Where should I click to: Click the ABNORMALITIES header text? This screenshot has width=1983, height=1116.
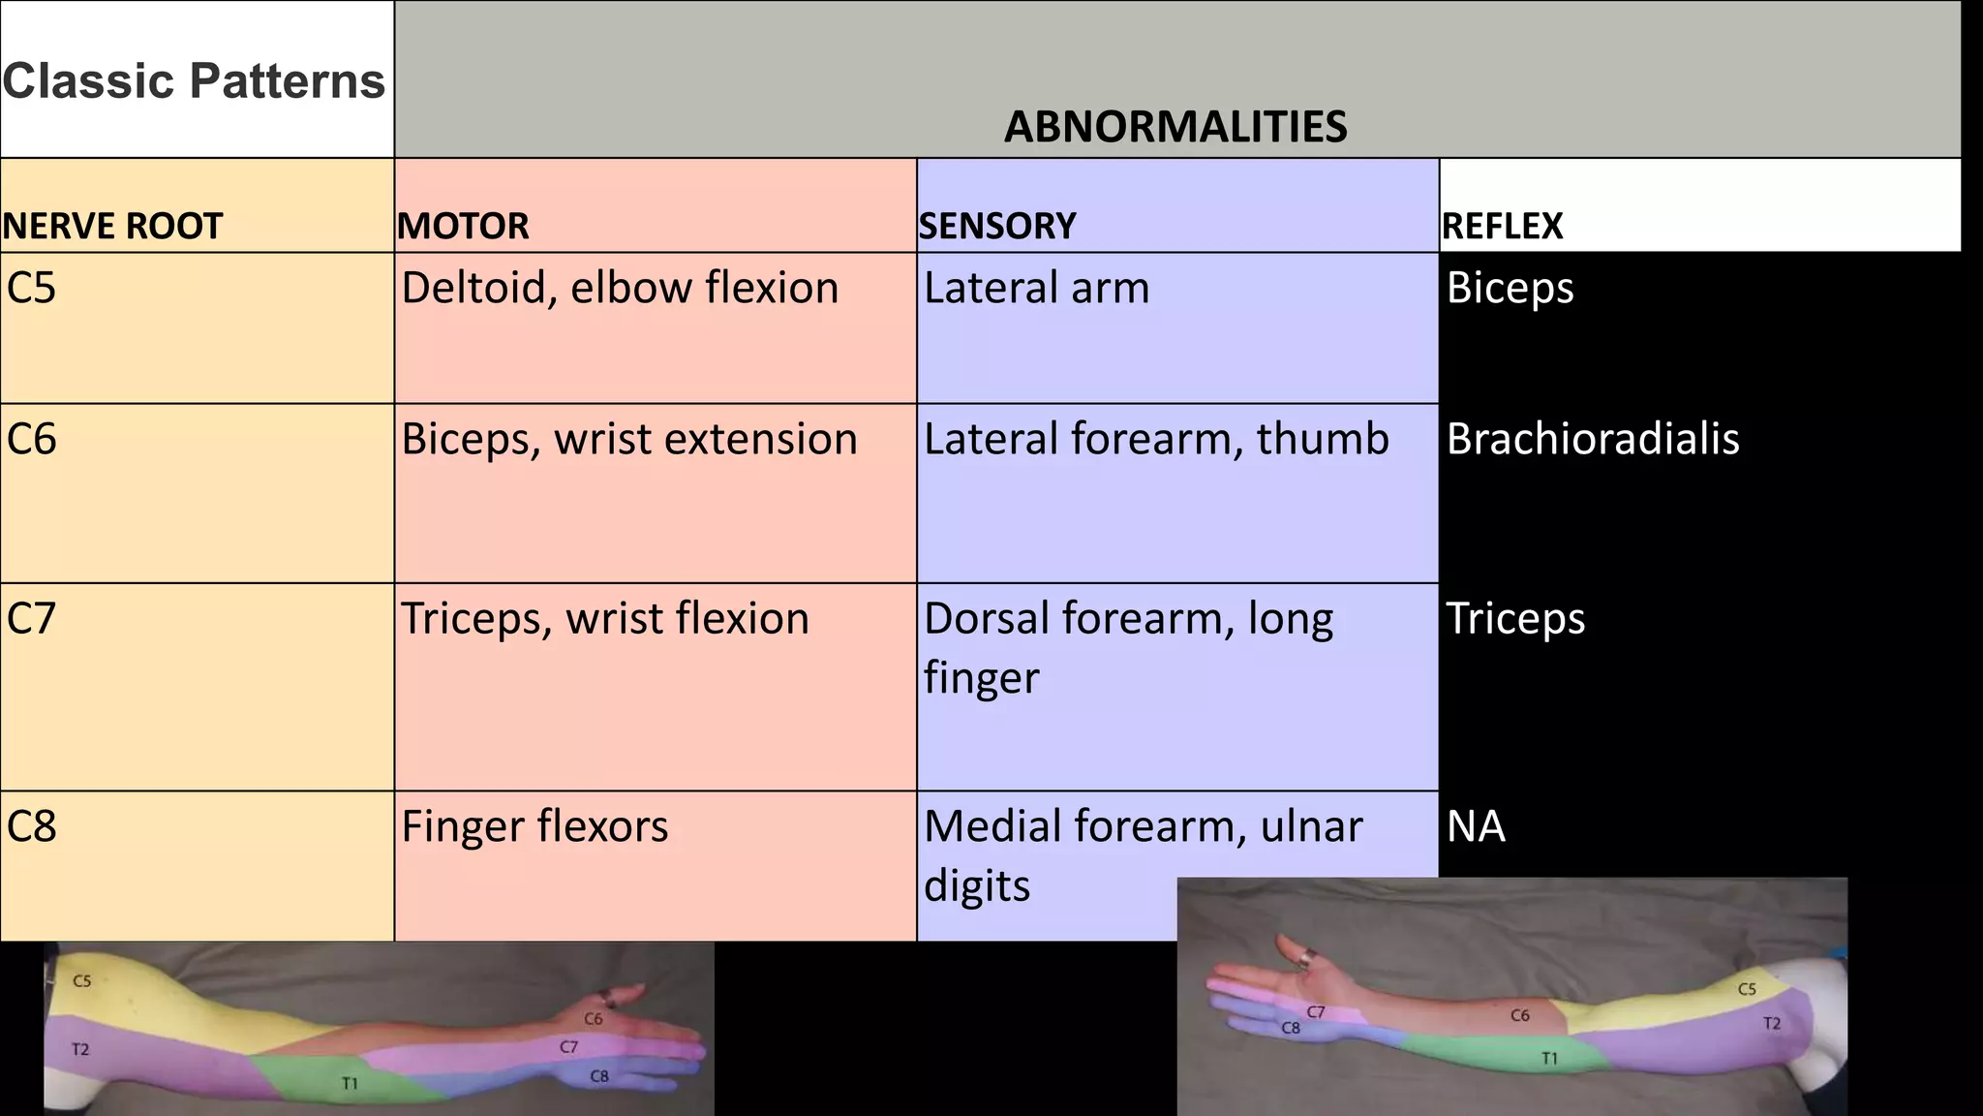pos(1175,127)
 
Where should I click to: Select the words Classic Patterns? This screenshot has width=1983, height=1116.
pos(194,80)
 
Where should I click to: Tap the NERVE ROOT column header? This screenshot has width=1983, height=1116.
pos(112,227)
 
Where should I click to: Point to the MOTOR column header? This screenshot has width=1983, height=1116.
pos(463,227)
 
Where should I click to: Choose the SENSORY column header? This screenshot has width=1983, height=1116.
pos(997,227)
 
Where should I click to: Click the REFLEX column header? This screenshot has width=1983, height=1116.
pos(1502,227)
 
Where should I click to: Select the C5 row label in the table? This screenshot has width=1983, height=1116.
pos(31,288)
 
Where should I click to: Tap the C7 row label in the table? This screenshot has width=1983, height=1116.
pos(31,618)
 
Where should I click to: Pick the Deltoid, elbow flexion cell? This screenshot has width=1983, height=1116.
pos(620,288)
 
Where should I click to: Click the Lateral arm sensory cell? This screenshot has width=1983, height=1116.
pos(1036,288)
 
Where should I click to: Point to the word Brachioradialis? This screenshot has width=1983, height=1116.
pos(1593,439)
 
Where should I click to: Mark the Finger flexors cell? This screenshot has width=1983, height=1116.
pos(534,826)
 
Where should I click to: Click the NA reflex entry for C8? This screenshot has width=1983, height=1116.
pos(1476,826)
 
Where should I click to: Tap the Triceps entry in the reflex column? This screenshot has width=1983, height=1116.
pos(1515,618)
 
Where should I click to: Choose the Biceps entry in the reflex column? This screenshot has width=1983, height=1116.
pos(1510,288)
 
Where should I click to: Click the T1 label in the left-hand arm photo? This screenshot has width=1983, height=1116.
pos(350,1083)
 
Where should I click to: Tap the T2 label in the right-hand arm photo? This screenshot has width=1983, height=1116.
pos(1771,1023)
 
